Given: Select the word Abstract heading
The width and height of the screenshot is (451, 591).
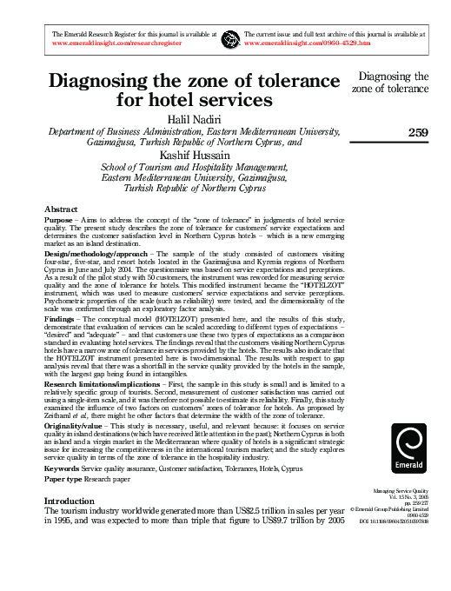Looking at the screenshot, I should point(61,209).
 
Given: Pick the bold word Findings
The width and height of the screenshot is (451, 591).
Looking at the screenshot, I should point(61,320).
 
